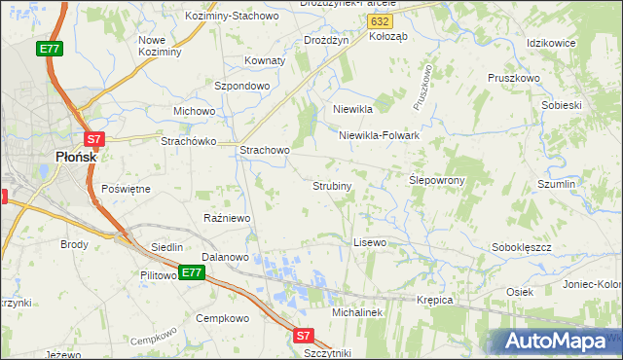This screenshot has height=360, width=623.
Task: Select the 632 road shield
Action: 383,20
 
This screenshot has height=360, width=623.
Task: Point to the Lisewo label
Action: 370,241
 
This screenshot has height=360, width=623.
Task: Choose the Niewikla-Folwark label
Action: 379,135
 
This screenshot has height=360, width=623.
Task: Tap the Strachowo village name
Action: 265,151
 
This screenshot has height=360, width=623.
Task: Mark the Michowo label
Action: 194,111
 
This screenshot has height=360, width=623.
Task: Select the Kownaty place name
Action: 265,60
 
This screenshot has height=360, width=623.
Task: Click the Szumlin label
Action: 558,183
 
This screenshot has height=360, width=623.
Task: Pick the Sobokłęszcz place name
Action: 523,247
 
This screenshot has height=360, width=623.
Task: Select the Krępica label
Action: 434,300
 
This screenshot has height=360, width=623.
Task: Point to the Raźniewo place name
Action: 228,218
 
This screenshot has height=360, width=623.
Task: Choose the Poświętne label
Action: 126,188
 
